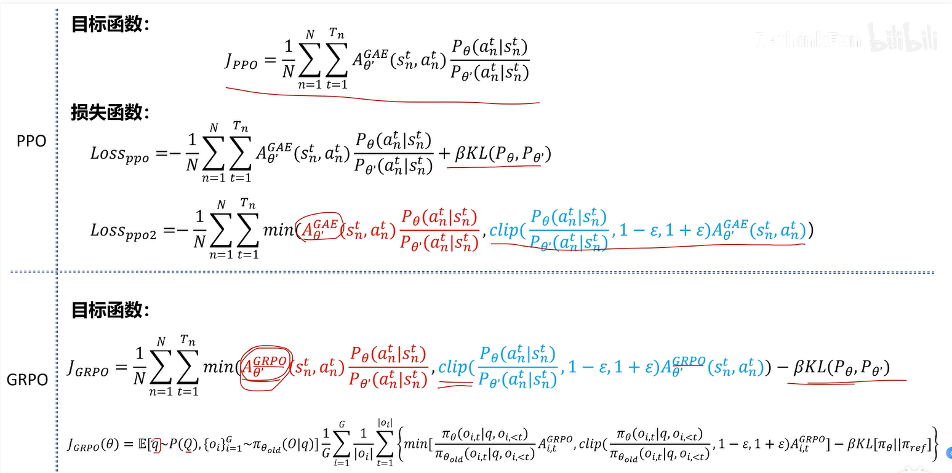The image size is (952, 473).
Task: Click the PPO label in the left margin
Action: click(x=31, y=141)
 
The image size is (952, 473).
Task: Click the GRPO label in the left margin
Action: click(x=27, y=380)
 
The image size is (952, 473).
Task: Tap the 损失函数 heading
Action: click(x=110, y=113)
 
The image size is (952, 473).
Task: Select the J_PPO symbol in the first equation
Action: click(x=241, y=61)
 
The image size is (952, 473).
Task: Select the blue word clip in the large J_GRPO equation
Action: click(x=454, y=367)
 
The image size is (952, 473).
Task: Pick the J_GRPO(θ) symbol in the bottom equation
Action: click(x=97, y=444)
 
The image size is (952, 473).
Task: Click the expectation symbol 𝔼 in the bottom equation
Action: click(x=143, y=443)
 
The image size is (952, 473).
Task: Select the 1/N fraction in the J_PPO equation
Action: click(x=288, y=60)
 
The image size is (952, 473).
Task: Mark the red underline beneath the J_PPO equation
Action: click(x=382, y=98)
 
